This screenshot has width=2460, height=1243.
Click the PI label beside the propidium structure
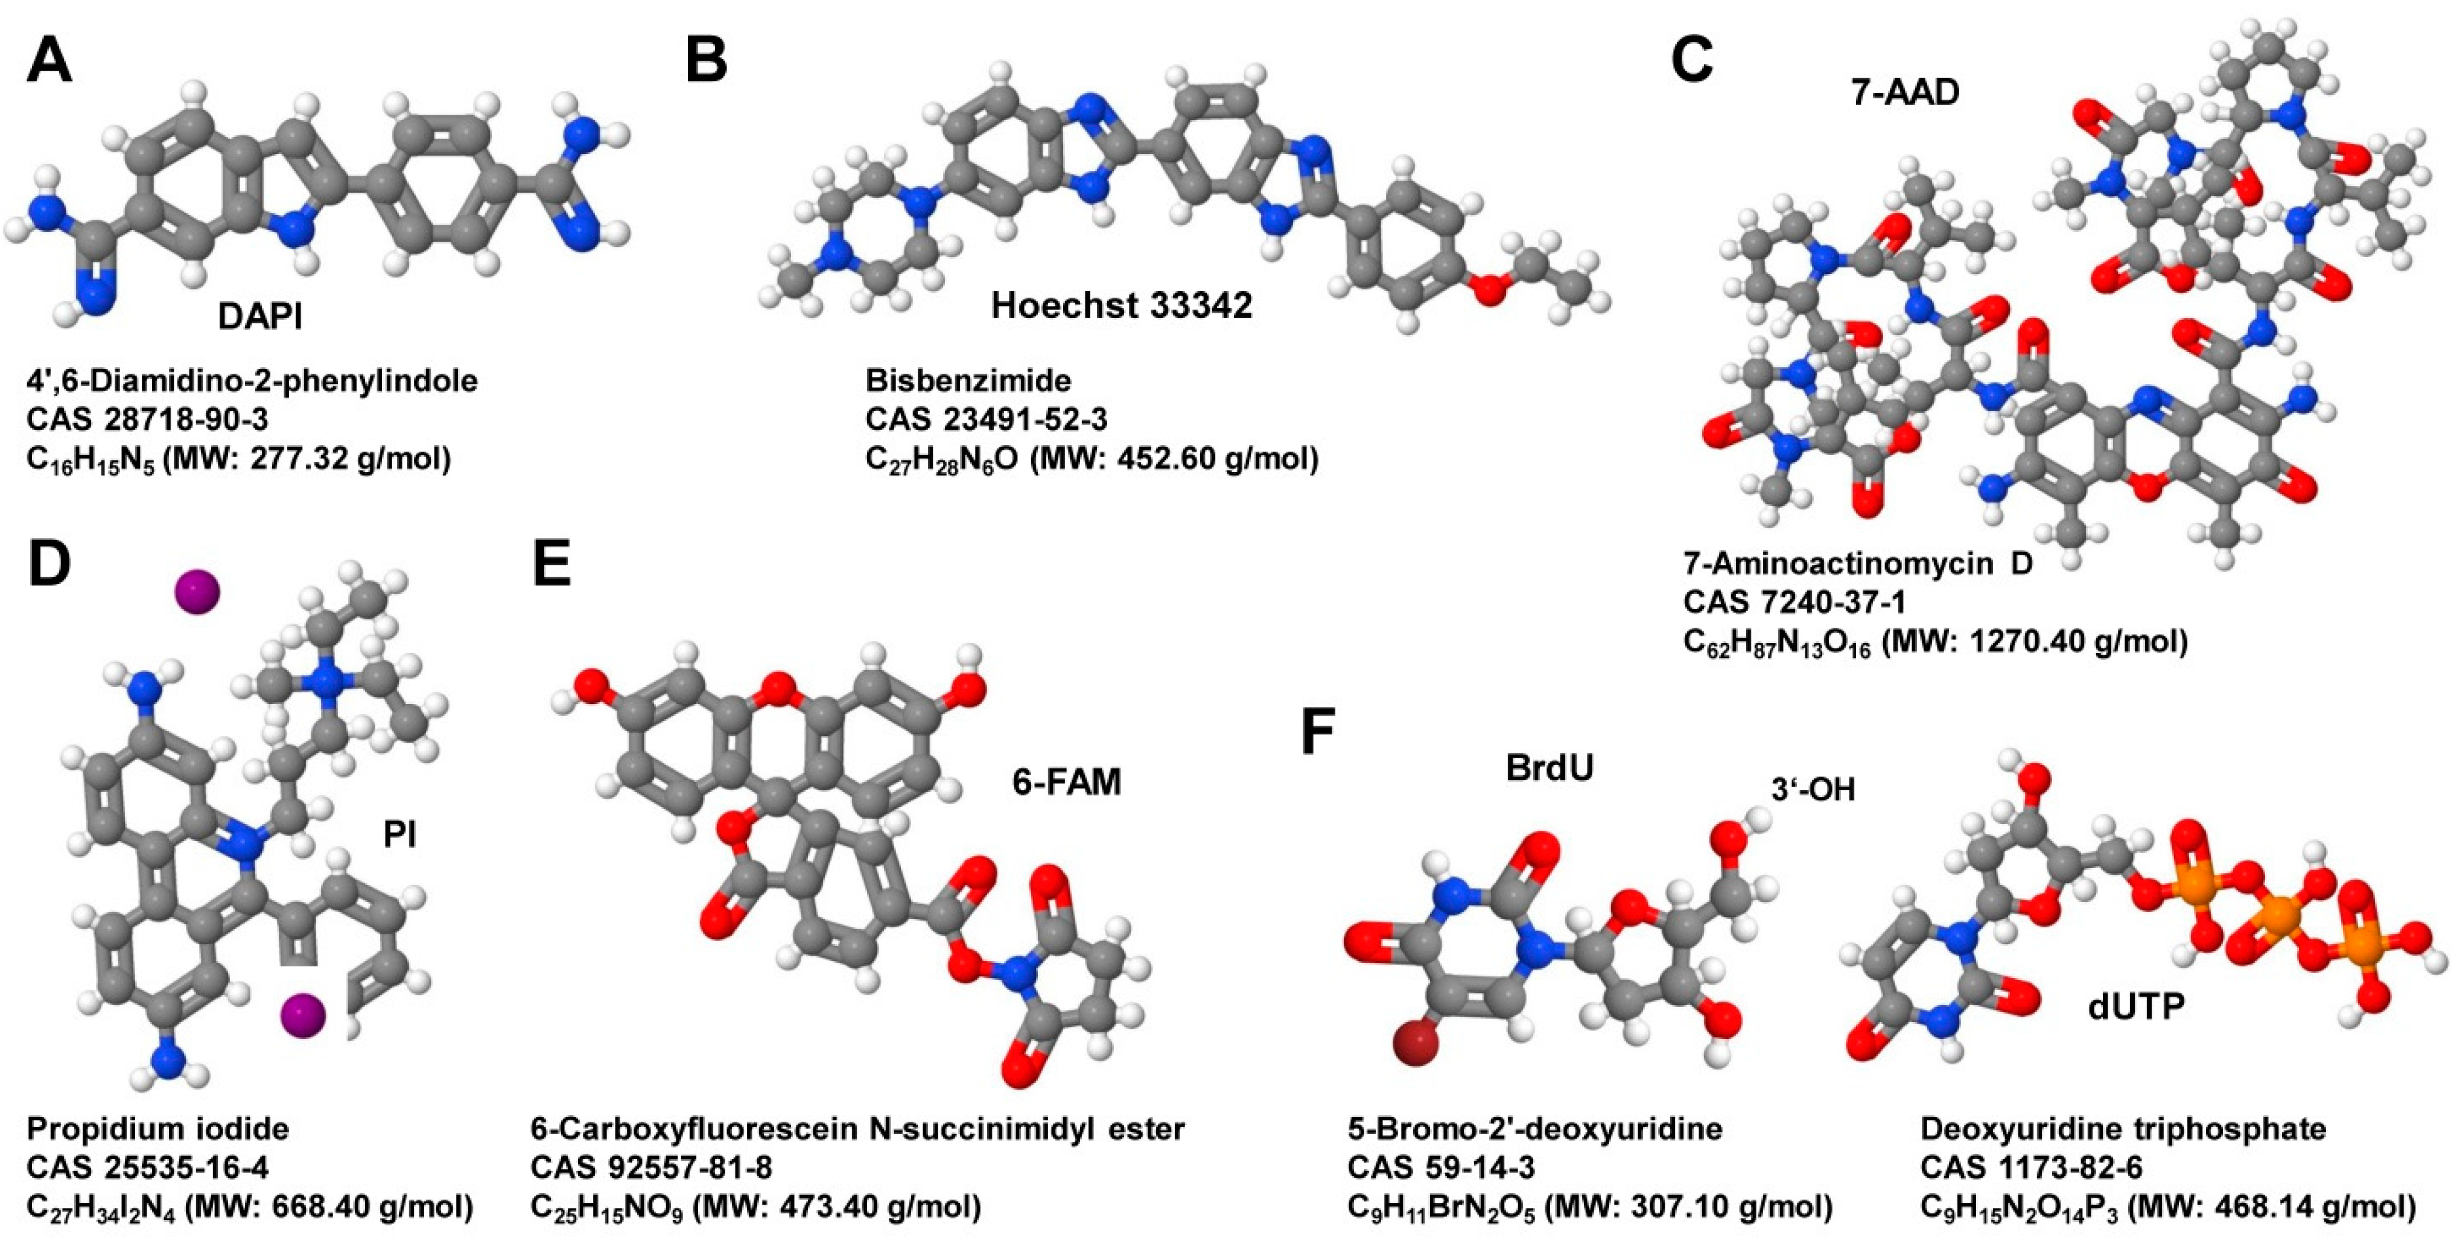click(x=399, y=835)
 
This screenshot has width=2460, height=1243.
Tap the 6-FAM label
click(x=1067, y=782)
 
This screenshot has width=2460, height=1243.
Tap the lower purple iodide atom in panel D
click(x=303, y=1015)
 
